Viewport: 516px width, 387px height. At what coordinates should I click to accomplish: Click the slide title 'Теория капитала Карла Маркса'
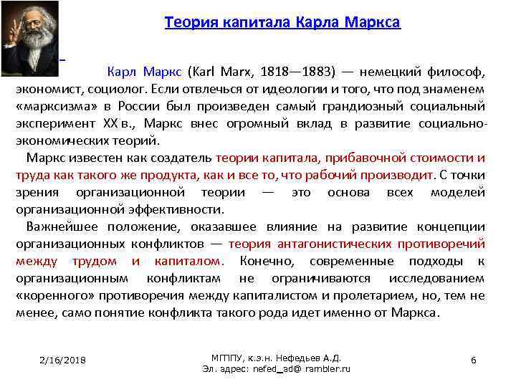click(x=282, y=22)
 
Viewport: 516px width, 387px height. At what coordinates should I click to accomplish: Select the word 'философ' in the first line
click(x=460, y=72)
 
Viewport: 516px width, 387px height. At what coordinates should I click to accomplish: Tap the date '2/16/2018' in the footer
click(x=63, y=360)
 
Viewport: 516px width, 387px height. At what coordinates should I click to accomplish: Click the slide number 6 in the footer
click(x=473, y=360)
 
